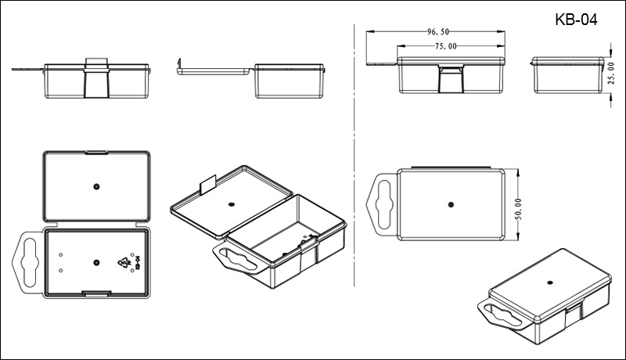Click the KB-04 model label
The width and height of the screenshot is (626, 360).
pos(575,20)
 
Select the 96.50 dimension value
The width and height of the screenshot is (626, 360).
pos(437,32)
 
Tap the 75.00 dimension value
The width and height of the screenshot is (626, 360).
pos(446,46)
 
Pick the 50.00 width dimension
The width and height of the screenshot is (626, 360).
pos(517,206)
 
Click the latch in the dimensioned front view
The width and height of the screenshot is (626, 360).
pos(451,80)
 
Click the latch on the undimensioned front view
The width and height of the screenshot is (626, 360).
pos(97,77)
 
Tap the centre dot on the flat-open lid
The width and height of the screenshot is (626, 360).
pos(95,186)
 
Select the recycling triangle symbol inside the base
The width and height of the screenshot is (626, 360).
pos(124,263)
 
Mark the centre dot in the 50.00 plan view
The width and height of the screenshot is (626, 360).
pos(451,204)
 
